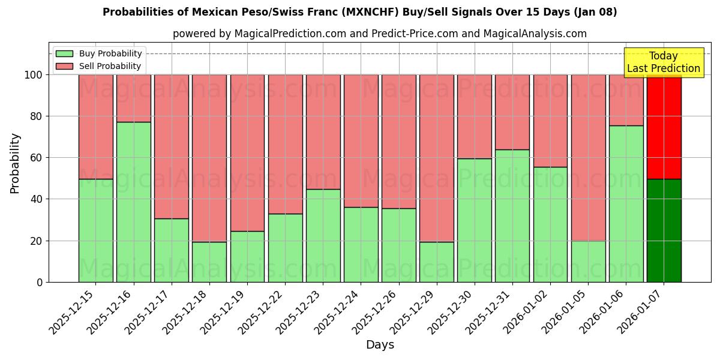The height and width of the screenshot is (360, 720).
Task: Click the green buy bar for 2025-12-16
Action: click(133, 202)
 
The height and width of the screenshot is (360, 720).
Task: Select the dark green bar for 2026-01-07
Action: click(664, 230)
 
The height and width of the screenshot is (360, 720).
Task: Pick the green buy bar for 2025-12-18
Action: click(209, 262)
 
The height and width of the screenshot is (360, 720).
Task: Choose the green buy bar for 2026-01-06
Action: click(626, 203)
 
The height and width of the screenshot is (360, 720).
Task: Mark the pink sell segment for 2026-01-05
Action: click(588, 157)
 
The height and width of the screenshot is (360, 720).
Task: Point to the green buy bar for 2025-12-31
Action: click(512, 215)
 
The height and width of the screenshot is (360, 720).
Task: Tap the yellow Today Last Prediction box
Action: click(664, 62)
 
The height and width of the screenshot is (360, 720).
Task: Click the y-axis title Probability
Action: click(15, 163)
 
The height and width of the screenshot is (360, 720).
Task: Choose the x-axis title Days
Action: click(380, 345)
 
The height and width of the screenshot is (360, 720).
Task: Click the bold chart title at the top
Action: click(360, 12)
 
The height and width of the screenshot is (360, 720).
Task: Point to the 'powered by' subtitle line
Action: click(380, 34)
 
